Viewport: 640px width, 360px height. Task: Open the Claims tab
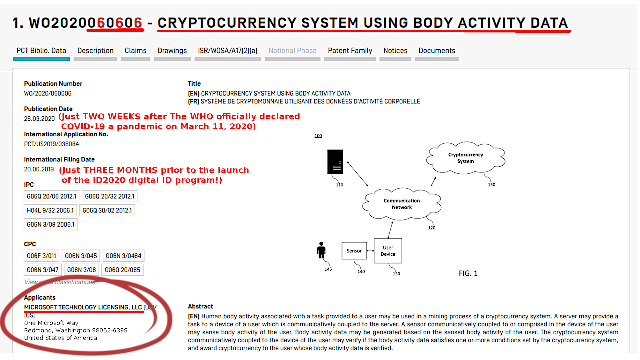[x=135, y=51]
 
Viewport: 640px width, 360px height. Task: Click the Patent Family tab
[x=350, y=51]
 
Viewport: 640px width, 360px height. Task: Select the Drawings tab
[x=172, y=51]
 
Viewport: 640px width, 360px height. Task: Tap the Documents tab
[x=437, y=51]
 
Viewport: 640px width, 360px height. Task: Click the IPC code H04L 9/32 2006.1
[x=50, y=210]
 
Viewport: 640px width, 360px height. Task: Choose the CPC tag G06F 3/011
[x=41, y=256]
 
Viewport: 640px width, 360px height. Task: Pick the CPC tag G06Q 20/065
[x=122, y=270]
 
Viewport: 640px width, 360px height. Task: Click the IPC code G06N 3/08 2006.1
[x=50, y=224]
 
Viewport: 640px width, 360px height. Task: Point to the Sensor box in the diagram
[x=354, y=251]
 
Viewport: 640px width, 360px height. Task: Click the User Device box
[x=388, y=251]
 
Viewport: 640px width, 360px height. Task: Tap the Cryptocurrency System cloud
[x=465, y=158]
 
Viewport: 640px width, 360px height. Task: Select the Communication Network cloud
[x=401, y=204]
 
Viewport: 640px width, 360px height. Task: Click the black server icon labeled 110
[x=335, y=162]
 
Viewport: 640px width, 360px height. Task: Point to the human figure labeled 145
[x=321, y=250]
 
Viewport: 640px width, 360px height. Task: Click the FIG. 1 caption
[x=468, y=273]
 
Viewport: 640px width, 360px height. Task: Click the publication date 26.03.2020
[x=39, y=119]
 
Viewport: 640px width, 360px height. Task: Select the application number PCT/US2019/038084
[x=51, y=144]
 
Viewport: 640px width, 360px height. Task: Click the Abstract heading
[x=200, y=306]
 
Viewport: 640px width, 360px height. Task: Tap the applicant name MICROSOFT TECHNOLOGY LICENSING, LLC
[x=83, y=307]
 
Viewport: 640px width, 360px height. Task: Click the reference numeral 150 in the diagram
[x=491, y=185]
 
